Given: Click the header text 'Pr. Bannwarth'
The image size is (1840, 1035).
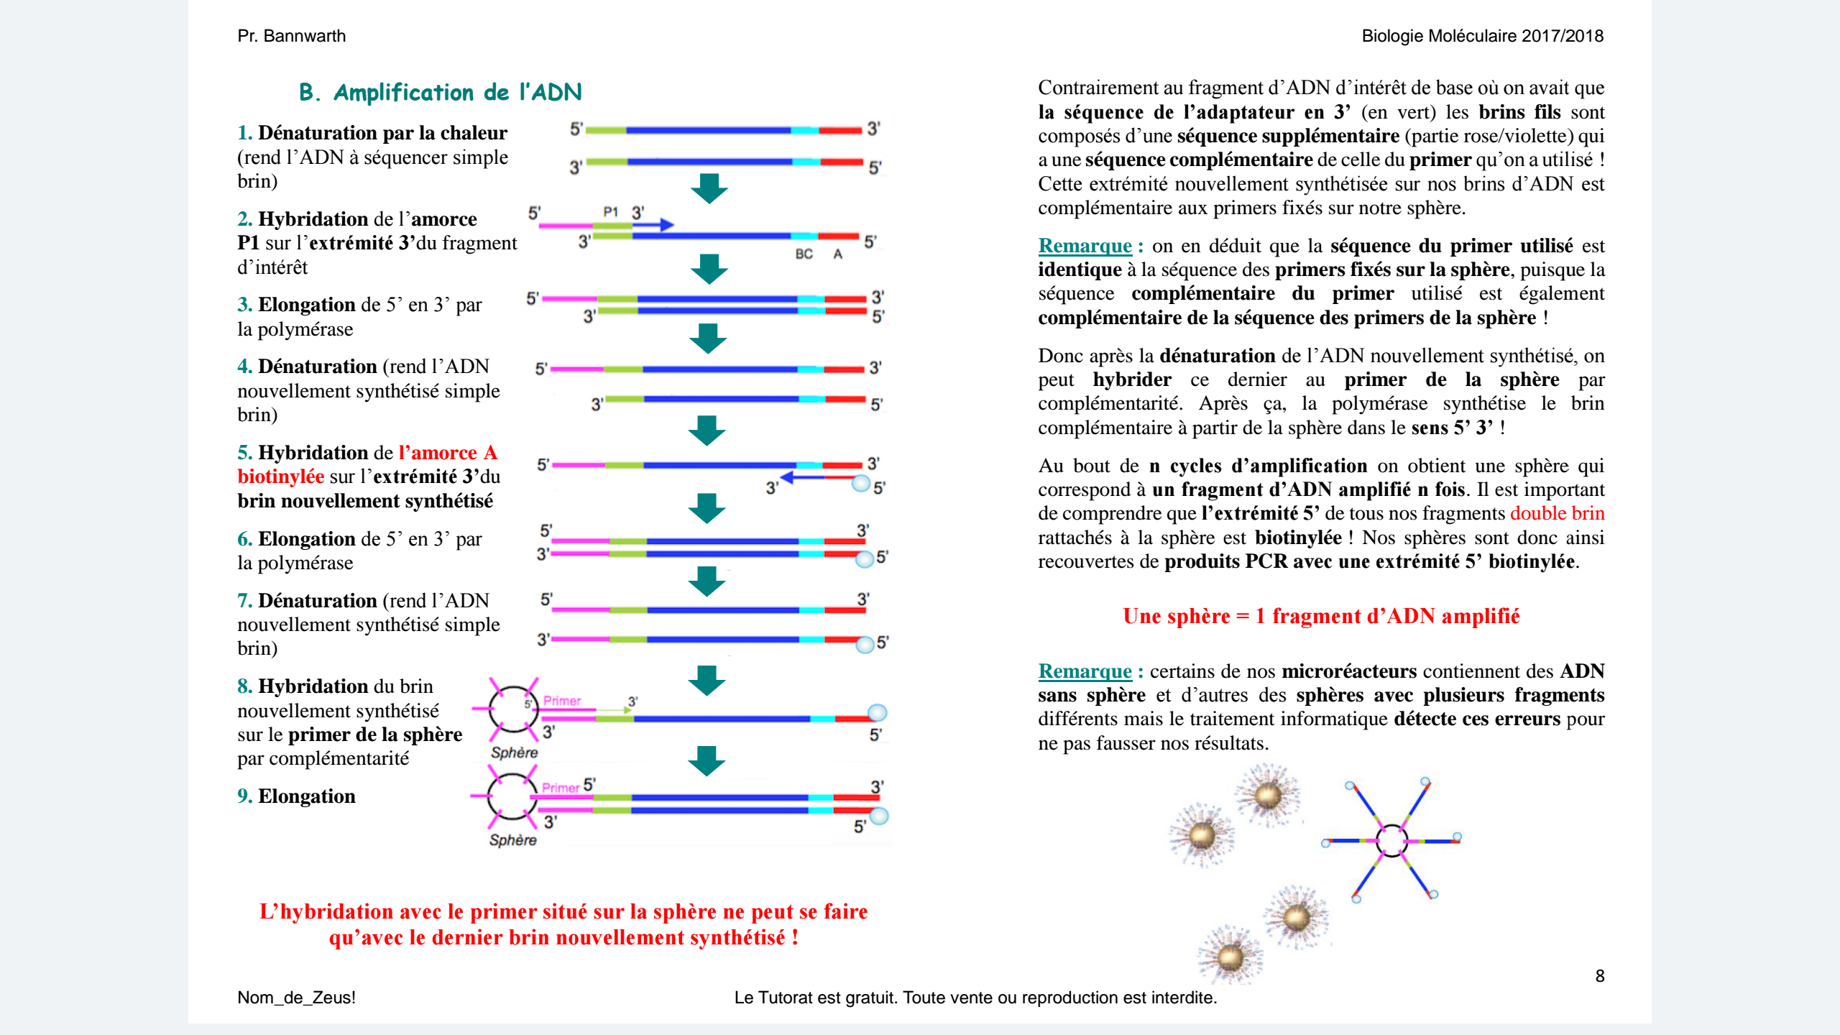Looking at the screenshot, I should tap(291, 36).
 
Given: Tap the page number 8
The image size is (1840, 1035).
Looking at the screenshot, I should tap(1599, 975).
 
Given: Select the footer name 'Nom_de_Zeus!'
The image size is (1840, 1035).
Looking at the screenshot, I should tap(296, 998).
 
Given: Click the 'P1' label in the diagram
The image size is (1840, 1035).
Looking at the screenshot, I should tap(610, 211).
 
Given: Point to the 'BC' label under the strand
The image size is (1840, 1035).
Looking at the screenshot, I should tap(804, 254).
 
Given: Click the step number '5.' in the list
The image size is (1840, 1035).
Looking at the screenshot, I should tap(245, 453).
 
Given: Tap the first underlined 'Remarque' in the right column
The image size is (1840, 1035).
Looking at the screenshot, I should tap(1085, 246).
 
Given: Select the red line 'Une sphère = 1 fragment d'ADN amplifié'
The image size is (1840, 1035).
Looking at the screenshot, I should tap(1321, 616).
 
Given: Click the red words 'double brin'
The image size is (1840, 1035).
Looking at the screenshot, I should tap(1557, 513).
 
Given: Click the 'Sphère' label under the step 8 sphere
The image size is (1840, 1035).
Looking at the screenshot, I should tap(514, 753).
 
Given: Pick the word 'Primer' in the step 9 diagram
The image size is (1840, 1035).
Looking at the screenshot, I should tap(560, 788).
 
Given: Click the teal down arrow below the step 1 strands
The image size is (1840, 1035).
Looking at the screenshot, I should tap(709, 188).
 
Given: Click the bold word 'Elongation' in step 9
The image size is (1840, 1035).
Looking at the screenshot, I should tap(307, 796).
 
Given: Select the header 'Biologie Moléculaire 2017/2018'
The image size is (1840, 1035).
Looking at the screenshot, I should tap(1482, 36).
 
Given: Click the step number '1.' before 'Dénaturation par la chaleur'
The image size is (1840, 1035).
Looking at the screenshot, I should tap(245, 133).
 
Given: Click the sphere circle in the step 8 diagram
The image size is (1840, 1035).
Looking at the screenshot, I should tap(512, 709).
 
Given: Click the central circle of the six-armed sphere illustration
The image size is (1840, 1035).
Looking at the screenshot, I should tap(1392, 840).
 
